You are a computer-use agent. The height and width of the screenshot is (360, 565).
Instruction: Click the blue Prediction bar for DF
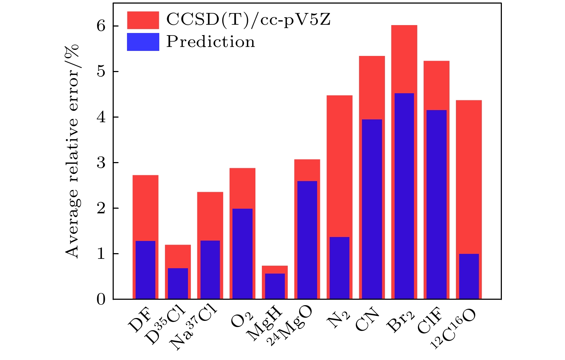coord(145,270)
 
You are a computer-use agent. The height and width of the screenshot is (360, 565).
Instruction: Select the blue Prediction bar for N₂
coord(339,268)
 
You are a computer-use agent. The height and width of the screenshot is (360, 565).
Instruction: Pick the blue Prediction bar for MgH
coord(275,286)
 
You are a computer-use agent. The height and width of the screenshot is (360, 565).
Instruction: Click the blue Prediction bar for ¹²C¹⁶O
coord(469,276)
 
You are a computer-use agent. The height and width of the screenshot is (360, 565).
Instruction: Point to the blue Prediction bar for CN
coord(372,209)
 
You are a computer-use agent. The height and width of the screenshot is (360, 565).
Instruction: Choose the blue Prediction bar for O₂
coord(243,254)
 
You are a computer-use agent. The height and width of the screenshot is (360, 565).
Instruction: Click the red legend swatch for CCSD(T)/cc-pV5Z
coord(143,20)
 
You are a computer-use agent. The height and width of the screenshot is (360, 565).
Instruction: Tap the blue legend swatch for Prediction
coord(143,42)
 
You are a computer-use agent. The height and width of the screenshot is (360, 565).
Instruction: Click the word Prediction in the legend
coord(210,42)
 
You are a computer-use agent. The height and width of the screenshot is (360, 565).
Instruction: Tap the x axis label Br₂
coord(400,321)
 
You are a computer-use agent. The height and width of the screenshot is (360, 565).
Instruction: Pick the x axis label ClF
coord(430,320)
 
